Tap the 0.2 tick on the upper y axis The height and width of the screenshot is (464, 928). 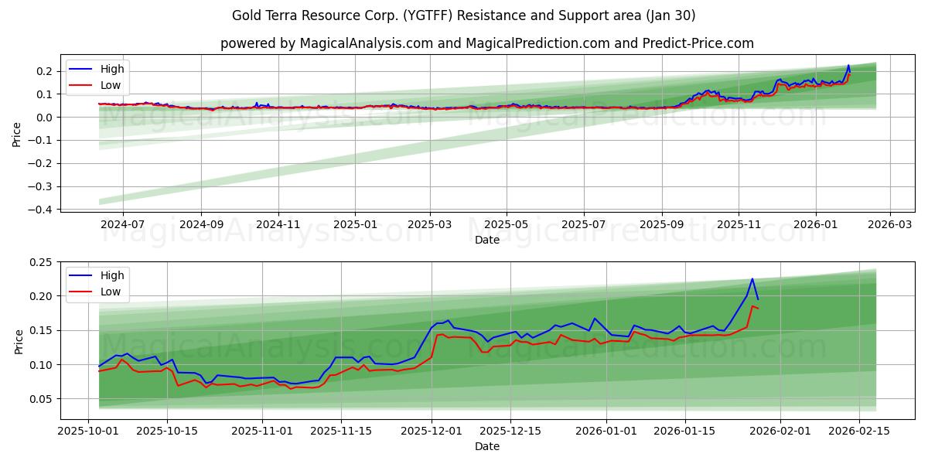point(44,71)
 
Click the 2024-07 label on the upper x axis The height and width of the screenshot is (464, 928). point(123,224)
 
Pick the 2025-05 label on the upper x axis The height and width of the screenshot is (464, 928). point(507,224)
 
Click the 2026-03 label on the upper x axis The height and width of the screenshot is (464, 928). point(889,224)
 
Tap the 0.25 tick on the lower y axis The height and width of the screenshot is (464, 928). point(40,262)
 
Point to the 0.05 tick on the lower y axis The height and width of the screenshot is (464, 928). point(40,399)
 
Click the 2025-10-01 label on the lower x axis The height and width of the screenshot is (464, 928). point(88,431)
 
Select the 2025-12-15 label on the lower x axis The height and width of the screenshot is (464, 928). point(510,431)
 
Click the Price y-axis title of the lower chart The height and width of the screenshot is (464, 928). point(18,341)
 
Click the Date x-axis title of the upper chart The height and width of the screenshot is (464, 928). point(487,240)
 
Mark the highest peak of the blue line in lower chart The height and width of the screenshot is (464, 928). point(752,279)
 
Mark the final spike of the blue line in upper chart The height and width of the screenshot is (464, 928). point(848,66)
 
